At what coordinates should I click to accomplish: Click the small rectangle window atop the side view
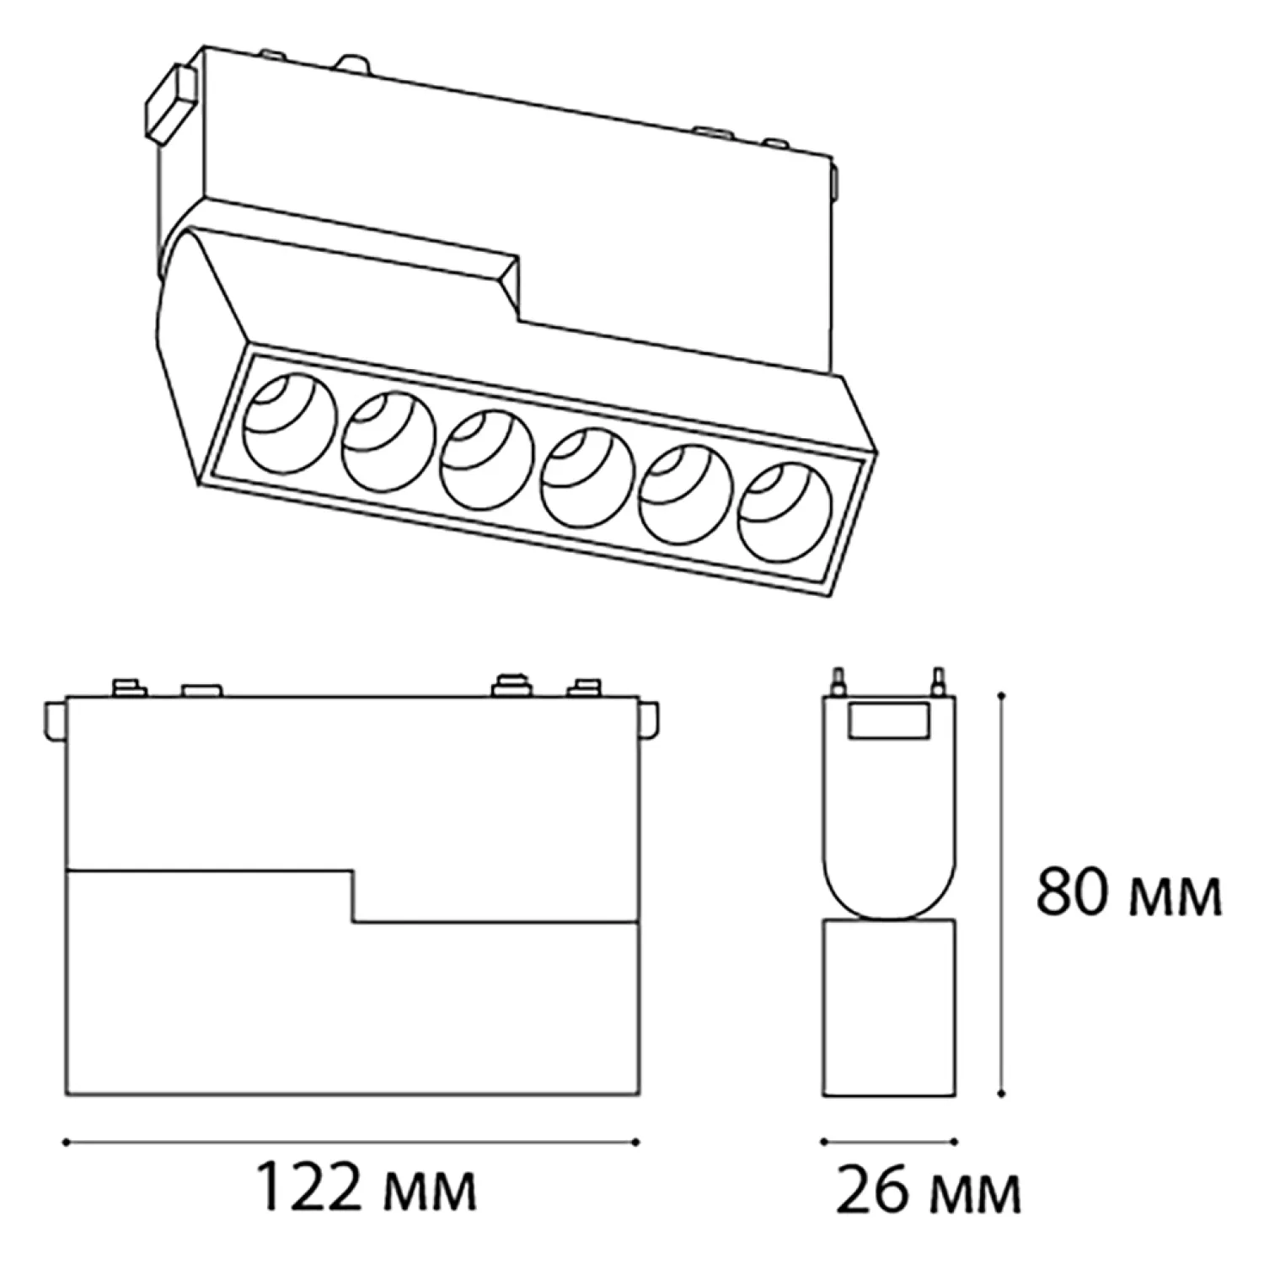889,721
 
